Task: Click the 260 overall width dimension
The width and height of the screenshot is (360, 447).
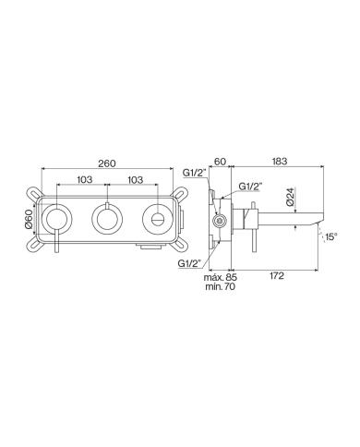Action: pyautogui.click(x=107, y=163)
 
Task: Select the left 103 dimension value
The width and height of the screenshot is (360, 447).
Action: pyautogui.click(x=84, y=179)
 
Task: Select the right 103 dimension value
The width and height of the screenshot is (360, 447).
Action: pyautogui.click(x=135, y=179)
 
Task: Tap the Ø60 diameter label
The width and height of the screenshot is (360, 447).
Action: pyautogui.click(x=29, y=219)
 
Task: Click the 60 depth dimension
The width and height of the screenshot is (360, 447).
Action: pyautogui.click(x=221, y=162)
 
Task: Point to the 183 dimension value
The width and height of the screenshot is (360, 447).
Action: pyautogui.click(x=280, y=162)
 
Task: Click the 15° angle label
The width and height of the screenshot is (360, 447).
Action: pyautogui.click(x=331, y=236)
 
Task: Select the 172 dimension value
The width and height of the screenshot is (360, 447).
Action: pyautogui.click(x=277, y=276)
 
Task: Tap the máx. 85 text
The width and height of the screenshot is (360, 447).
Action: pyautogui.click(x=221, y=277)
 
